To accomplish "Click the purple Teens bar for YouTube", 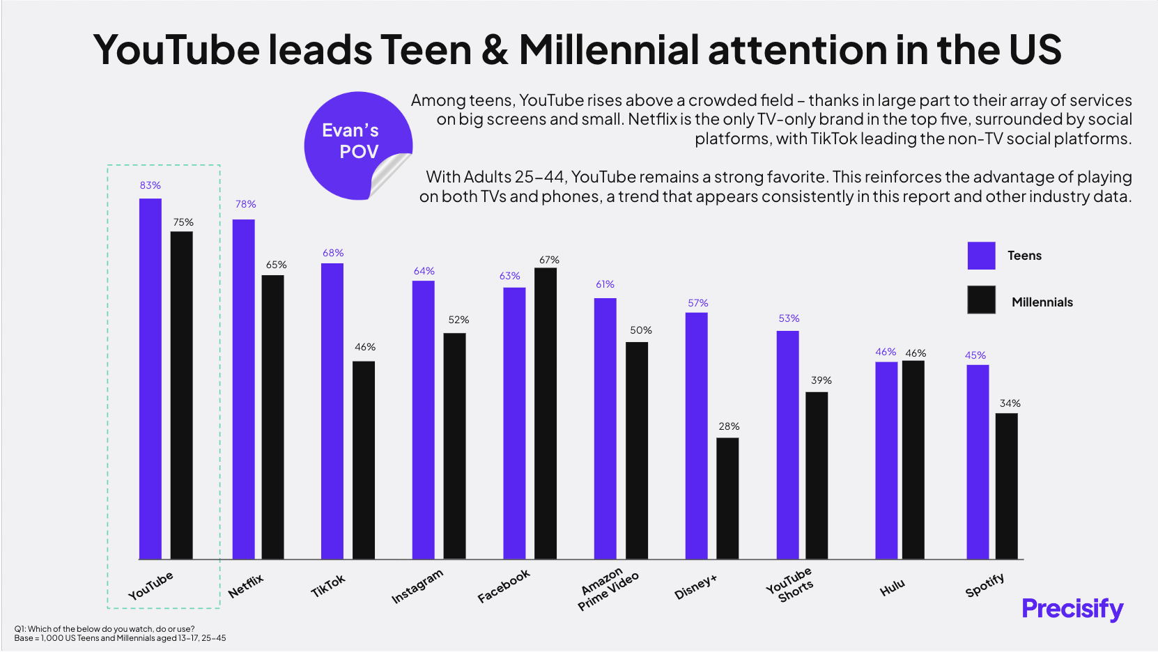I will tap(150, 379).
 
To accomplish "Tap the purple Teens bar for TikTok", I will tap(332, 411).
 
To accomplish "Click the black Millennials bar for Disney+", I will tap(727, 498).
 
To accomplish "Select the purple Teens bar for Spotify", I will tap(978, 462).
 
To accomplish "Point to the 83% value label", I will tap(150, 185).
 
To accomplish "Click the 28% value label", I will tap(729, 426).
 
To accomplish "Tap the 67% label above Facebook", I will tap(549, 260).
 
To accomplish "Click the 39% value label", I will tap(821, 380).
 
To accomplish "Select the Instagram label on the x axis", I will tap(417, 587).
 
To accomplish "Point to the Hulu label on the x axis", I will tap(892, 587).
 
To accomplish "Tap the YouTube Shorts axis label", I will tap(790, 584).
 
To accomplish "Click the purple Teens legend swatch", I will tap(981, 256).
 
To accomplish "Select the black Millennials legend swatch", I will tap(981, 300).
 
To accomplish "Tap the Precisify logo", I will tap(1072, 608).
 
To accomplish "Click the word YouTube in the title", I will tap(176, 50).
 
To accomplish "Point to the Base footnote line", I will tap(120, 638).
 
